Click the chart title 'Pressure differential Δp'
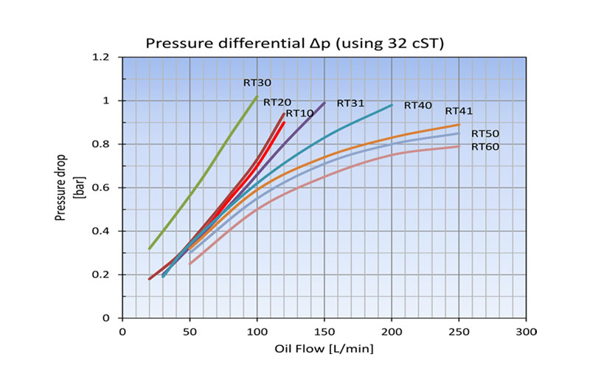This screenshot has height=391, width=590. (x=294, y=43)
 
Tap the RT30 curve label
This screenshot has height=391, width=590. (x=258, y=83)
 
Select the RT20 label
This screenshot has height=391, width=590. (x=278, y=102)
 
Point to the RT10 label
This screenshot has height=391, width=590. (x=300, y=113)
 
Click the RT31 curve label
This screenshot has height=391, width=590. (x=352, y=103)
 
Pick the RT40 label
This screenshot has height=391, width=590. (x=417, y=105)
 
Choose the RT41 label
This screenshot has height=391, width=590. (x=458, y=111)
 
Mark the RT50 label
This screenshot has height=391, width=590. (x=485, y=134)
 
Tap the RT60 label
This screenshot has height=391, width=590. (x=485, y=146)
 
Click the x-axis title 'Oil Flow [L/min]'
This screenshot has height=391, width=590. (x=324, y=348)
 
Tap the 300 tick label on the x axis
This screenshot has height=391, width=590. (x=526, y=332)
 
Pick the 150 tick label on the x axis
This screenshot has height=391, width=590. (x=324, y=332)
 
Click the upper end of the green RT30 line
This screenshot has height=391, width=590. (x=257, y=97)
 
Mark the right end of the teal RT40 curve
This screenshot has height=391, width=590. (x=392, y=105)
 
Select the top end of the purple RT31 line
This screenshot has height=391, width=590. (x=324, y=103)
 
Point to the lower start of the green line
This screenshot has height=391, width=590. (x=150, y=249)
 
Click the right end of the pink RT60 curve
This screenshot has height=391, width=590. (x=459, y=146)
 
